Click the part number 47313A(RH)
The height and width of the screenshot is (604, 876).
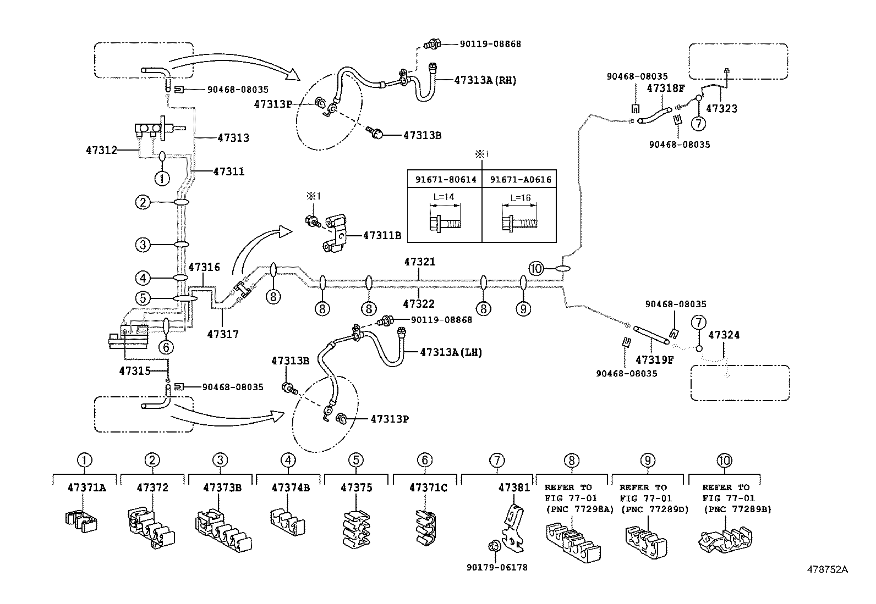click(x=485, y=80)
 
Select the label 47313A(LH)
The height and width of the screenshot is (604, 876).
click(x=451, y=352)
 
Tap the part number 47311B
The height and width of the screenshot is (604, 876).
click(x=382, y=236)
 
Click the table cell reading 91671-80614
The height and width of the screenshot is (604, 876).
click(x=445, y=179)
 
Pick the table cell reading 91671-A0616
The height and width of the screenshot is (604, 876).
click(x=520, y=179)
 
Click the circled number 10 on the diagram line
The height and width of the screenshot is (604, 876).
click(x=536, y=269)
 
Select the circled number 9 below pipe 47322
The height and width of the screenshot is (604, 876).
click(x=523, y=309)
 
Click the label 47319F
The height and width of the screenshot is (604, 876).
click(x=654, y=360)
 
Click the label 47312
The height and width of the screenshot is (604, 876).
click(x=102, y=149)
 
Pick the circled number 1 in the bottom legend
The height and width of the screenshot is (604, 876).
click(x=84, y=460)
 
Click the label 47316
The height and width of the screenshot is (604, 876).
click(x=204, y=268)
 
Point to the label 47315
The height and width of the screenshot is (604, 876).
click(x=134, y=371)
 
